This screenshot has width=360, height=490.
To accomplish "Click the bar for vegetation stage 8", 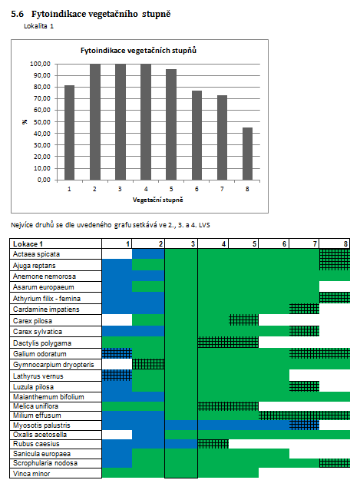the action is pyautogui.click(x=247, y=154).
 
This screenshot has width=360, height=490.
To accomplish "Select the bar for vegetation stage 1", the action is pyautogui.click(x=69, y=133).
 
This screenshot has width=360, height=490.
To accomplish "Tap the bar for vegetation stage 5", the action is pyautogui.click(x=171, y=124).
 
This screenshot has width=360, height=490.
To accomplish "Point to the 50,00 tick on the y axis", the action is pyautogui.click(x=42, y=122).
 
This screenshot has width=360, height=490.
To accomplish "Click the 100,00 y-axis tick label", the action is pyautogui.click(x=40, y=64).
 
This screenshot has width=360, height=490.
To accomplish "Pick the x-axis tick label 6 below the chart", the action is pyautogui.click(x=197, y=189).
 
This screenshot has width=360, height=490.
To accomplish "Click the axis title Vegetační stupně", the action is pyautogui.click(x=157, y=200).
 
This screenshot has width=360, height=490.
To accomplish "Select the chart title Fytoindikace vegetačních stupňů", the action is pyautogui.click(x=138, y=51).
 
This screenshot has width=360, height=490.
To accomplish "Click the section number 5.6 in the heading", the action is pyautogui.click(x=17, y=14).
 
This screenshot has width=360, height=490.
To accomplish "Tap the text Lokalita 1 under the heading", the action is pyautogui.click(x=38, y=26).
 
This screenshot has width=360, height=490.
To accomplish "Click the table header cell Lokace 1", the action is pyautogui.click(x=28, y=243).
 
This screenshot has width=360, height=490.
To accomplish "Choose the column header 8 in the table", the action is pyautogui.click(x=345, y=243).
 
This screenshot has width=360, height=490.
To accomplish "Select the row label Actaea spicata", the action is pyautogui.click(x=36, y=254).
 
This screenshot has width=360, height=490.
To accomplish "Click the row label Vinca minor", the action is pyautogui.click(x=31, y=474).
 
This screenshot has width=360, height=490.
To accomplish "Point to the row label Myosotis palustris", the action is pyautogui.click(x=41, y=425).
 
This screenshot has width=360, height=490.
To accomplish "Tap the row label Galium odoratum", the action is pyautogui.click(x=40, y=354).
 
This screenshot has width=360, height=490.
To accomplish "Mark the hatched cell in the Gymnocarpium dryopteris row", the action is pyautogui.click(x=148, y=364).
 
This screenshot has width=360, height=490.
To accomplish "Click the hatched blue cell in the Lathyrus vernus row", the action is pyautogui.click(x=117, y=375).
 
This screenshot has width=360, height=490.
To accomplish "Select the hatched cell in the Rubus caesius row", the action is pyautogui.click(x=213, y=444).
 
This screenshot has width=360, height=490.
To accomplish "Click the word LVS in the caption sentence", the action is pyautogui.click(x=204, y=225).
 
